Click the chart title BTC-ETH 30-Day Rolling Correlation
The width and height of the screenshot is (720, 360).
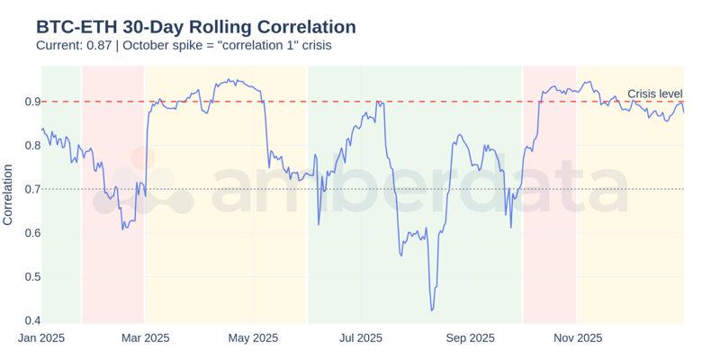pyautogui.click(x=195, y=27)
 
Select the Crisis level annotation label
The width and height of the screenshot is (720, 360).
pyautogui.click(x=654, y=94)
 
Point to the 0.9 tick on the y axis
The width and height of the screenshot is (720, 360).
pyautogui.click(x=31, y=102)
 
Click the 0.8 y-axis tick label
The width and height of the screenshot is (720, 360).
pyautogui.click(x=31, y=146)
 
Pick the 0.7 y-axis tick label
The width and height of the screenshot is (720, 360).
pyautogui.click(x=31, y=189)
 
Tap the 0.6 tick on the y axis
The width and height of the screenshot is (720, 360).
pyautogui.click(x=31, y=233)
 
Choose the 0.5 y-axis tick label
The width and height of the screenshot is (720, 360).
pyautogui.click(x=31, y=277)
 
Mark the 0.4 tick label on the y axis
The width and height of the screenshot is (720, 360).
pyautogui.click(x=31, y=320)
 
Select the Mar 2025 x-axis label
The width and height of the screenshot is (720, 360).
pyautogui.click(x=145, y=338)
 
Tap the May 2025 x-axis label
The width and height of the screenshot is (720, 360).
pyautogui.click(x=254, y=338)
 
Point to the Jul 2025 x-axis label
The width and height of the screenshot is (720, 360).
pyautogui.click(x=361, y=338)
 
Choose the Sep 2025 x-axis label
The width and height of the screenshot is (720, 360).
pyautogui.click(x=470, y=338)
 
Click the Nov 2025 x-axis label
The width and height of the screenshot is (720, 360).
pyautogui.click(x=578, y=338)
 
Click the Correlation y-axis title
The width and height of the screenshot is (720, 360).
pyautogui.click(x=8, y=194)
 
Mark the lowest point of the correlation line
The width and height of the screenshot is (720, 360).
pyautogui.click(x=432, y=310)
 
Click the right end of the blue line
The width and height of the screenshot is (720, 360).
pyautogui.click(x=683, y=112)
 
